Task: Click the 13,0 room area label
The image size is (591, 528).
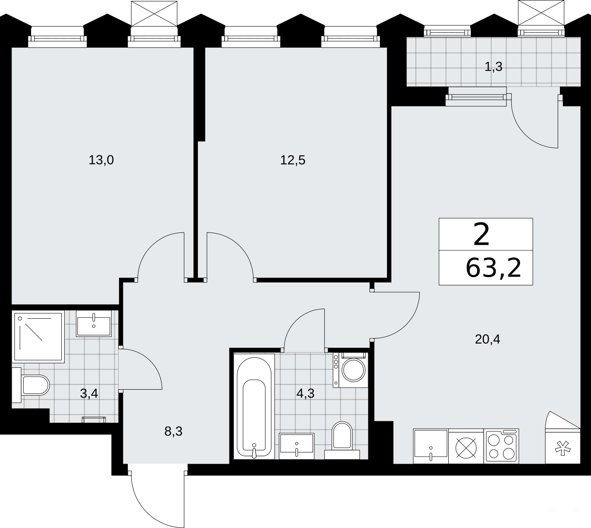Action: [101, 160]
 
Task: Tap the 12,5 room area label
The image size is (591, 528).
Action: [292, 160]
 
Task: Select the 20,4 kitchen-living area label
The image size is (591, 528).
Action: [487, 339]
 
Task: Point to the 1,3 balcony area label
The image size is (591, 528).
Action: [493, 67]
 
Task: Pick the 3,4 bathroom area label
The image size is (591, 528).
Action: [89, 394]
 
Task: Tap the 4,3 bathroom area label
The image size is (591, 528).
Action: [306, 394]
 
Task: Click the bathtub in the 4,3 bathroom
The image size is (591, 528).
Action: [254, 407]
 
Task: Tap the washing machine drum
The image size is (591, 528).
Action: [354, 370]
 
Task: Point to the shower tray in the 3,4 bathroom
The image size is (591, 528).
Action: [38, 337]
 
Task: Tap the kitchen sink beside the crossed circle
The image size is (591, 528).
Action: [431, 446]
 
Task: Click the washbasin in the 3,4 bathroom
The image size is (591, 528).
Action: [94, 324]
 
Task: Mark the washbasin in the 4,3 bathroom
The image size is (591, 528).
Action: [296, 446]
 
